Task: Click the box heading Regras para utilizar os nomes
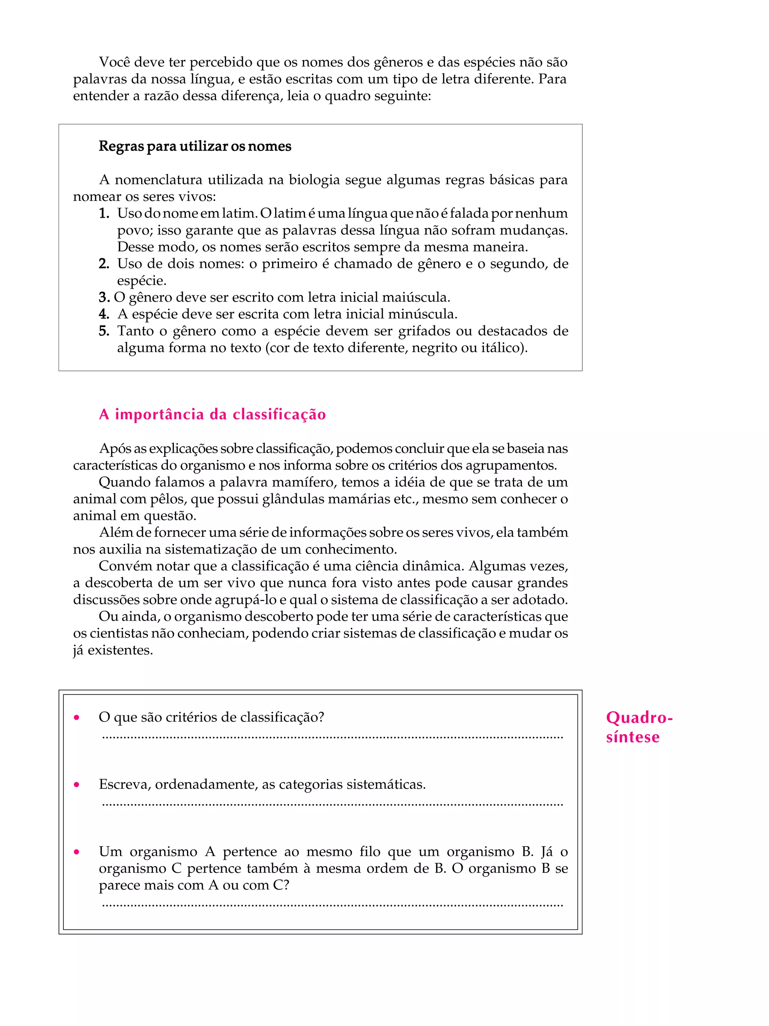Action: click(x=195, y=146)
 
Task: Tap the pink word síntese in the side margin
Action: click(x=632, y=737)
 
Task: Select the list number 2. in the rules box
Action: click(x=104, y=264)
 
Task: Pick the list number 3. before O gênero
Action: click(x=104, y=297)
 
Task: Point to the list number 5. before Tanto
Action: click(x=104, y=331)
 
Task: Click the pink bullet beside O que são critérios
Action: click(x=77, y=718)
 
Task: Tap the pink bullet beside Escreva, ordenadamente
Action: click(x=77, y=785)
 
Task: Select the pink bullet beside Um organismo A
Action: click(x=77, y=852)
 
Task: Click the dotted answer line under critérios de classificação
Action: click(x=332, y=737)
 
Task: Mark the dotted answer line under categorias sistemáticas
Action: click(x=332, y=804)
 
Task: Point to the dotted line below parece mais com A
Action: click(x=332, y=905)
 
